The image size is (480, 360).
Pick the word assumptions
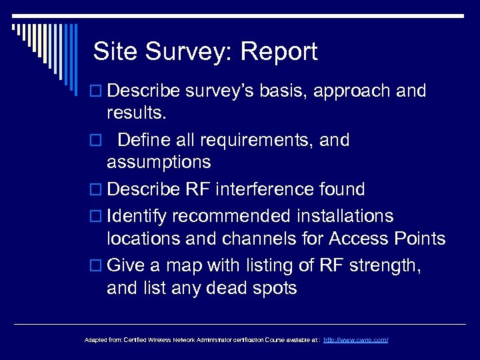[158, 162]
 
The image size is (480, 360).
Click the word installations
[338, 217]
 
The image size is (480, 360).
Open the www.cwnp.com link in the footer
[355, 340]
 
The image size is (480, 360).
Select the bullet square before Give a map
[95, 267]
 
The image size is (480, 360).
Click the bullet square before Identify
[95, 217]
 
